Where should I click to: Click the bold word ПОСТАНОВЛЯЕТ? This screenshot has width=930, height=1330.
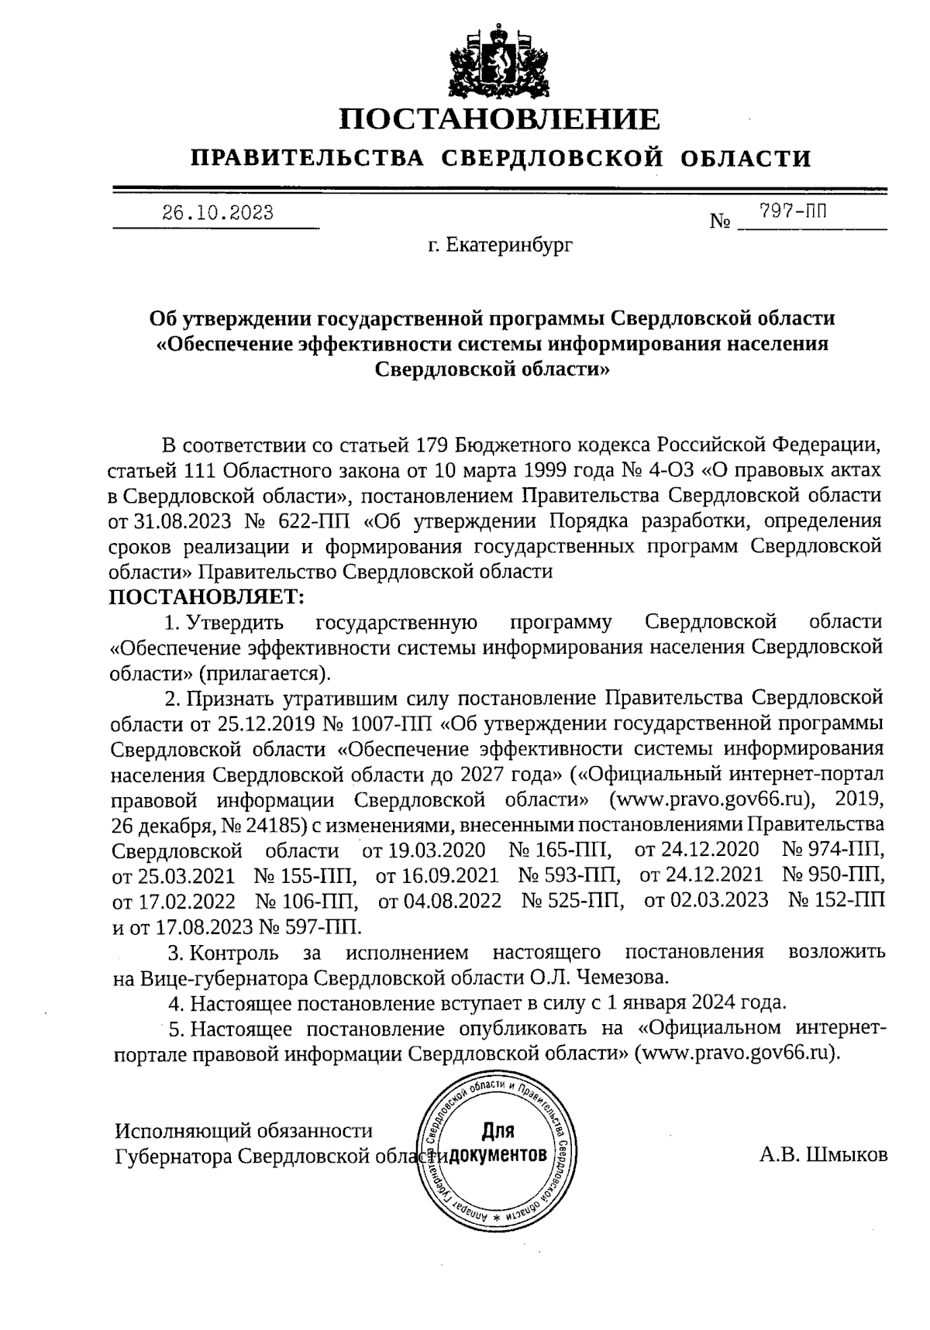(x=208, y=597)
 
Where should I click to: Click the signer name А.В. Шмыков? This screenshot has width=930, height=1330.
(x=823, y=1156)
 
